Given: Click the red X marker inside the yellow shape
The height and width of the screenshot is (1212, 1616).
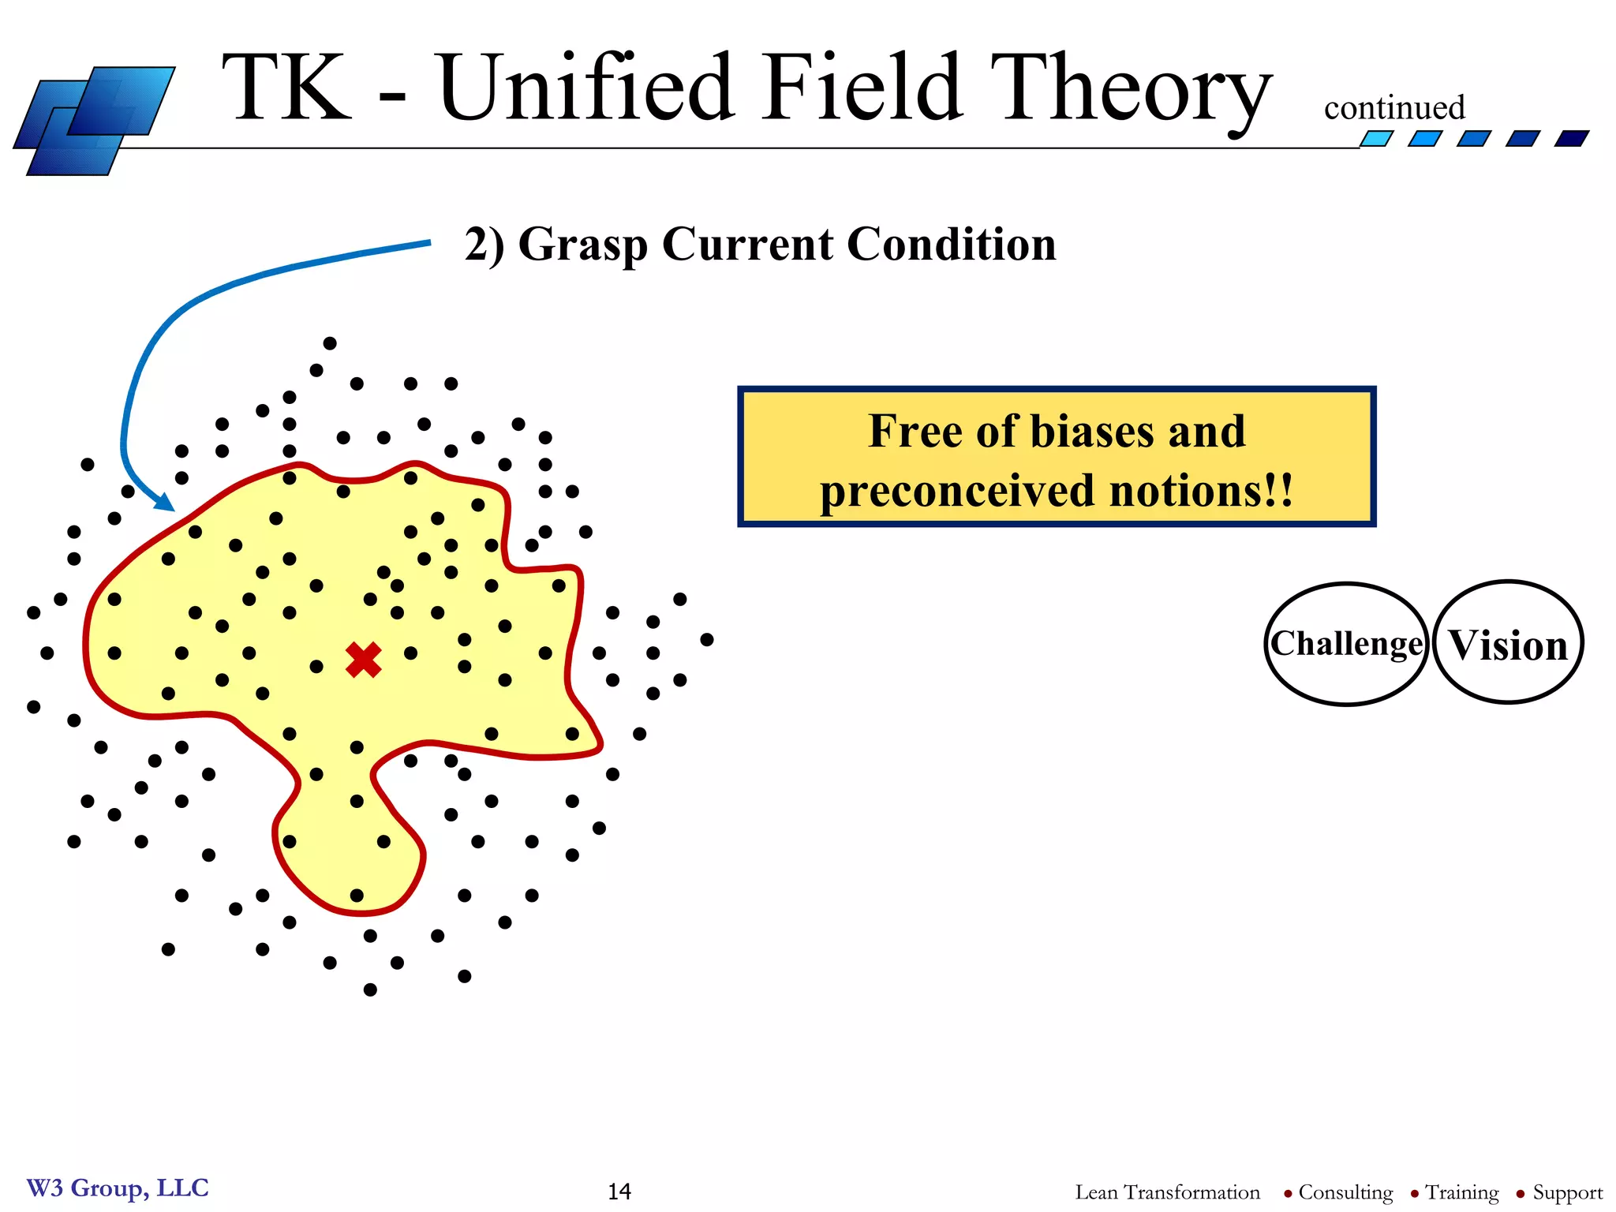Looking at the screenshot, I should (364, 660).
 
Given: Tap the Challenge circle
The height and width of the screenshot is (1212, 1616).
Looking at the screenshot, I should (1346, 644).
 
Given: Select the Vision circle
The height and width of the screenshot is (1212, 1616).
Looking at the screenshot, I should (1508, 644).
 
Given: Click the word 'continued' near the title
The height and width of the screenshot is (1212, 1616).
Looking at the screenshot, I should (1394, 107).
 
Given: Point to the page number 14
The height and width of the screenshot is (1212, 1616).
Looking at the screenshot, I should (619, 1191).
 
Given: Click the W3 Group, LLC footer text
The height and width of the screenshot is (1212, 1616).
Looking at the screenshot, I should (118, 1188).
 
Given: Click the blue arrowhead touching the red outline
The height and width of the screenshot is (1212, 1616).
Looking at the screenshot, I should (164, 502).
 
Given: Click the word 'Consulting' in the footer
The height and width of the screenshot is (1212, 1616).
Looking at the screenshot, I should (1345, 1192).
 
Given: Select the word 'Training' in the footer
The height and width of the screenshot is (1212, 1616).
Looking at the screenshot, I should (1461, 1192).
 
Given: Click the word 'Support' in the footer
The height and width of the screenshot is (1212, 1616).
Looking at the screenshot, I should (1567, 1192).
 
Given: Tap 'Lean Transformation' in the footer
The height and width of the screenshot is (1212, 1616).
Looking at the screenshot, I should (1167, 1192).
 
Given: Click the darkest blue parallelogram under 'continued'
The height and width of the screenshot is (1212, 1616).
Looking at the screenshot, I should (1571, 139).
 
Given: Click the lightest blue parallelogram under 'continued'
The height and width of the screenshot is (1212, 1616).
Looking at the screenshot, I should (1376, 139).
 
